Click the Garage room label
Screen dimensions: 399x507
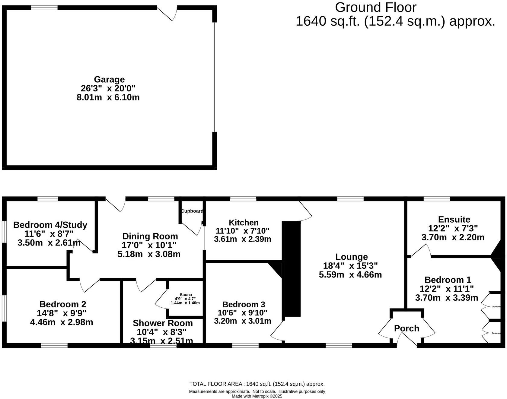click(x=109, y=79)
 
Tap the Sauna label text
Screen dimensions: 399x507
click(x=186, y=295)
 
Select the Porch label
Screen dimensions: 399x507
click(x=407, y=328)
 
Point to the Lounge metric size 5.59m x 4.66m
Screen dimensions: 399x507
click(x=350, y=275)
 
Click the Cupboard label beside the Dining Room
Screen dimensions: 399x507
click(x=192, y=211)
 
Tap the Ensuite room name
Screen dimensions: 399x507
click(x=454, y=219)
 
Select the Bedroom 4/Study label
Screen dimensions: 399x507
click(x=50, y=225)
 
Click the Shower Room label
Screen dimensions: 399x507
click(x=163, y=323)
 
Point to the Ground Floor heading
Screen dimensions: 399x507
click(x=375, y=8)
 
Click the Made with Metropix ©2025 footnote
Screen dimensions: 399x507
click(x=257, y=396)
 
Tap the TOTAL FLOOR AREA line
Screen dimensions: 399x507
click(x=257, y=384)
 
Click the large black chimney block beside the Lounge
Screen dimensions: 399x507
click(x=292, y=268)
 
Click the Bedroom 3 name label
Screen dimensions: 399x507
click(x=244, y=304)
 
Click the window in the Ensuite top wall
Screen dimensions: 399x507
click(x=437, y=199)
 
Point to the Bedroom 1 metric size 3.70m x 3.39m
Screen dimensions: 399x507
click(x=446, y=298)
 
